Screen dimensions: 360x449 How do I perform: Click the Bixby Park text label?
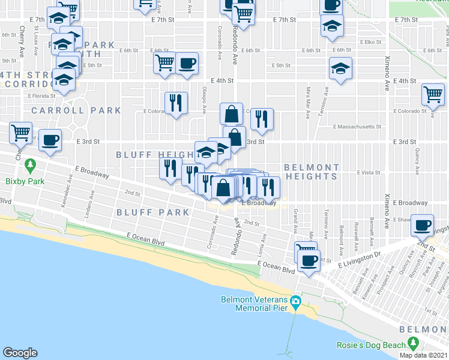[22, 180]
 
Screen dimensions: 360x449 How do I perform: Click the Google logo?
[20, 353]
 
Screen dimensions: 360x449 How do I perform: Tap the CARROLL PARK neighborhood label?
[76, 110]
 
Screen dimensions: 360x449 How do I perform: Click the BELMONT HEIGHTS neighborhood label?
[312, 172]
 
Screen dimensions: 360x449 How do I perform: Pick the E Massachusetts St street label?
[358, 127]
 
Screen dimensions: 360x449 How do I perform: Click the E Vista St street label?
[369, 172]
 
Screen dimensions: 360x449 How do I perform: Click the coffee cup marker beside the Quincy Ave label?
[423, 224]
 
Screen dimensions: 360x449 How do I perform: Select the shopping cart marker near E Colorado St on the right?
[433, 94]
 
